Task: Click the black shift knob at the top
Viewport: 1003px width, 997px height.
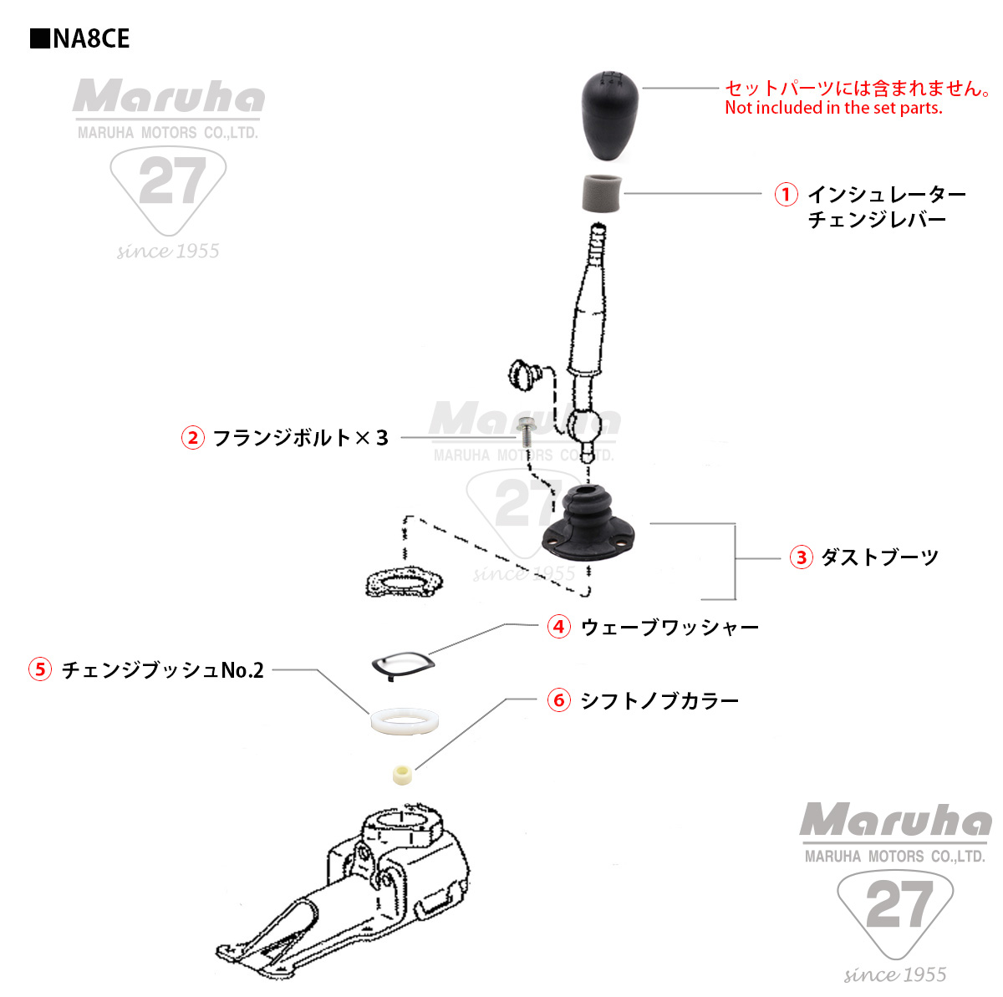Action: pyautogui.click(x=611, y=115)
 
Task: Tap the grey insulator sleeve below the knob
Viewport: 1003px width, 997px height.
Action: pyautogui.click(x=600, y=195)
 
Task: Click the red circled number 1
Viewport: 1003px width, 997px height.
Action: pyautogui.click(x=786, y=195)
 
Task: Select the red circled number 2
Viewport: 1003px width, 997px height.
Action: pyautogui.click(x=193, y=437)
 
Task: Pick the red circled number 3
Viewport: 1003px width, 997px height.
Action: pyautogui.click(x=801, y=557)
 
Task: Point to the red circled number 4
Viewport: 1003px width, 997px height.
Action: pyautogui.click(x=559, y=627)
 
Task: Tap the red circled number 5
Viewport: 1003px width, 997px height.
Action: pyautogui.click(x=40, y=669)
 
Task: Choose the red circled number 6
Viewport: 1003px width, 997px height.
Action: pyautogui.click(x=559, y=700)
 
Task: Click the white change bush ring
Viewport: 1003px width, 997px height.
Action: pyautogui.click(x=402, y=720)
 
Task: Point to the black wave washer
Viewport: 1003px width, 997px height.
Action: pyautogui.click(x=402, y=664)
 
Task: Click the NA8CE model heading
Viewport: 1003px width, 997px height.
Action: pyautogui.click(x=80, y=39)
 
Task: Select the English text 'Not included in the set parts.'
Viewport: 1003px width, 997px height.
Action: pyautogui.click(x=833, y=108)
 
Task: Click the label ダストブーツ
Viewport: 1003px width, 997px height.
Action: pyautogui.click(x=879, y=557)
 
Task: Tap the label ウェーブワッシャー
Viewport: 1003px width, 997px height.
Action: pyautogui.click(x=670, y=627)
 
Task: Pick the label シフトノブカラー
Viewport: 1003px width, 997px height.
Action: pyautogui.click(x=659, y=700)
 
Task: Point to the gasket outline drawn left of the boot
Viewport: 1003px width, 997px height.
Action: pyautogui.click(x=404, y=582)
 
